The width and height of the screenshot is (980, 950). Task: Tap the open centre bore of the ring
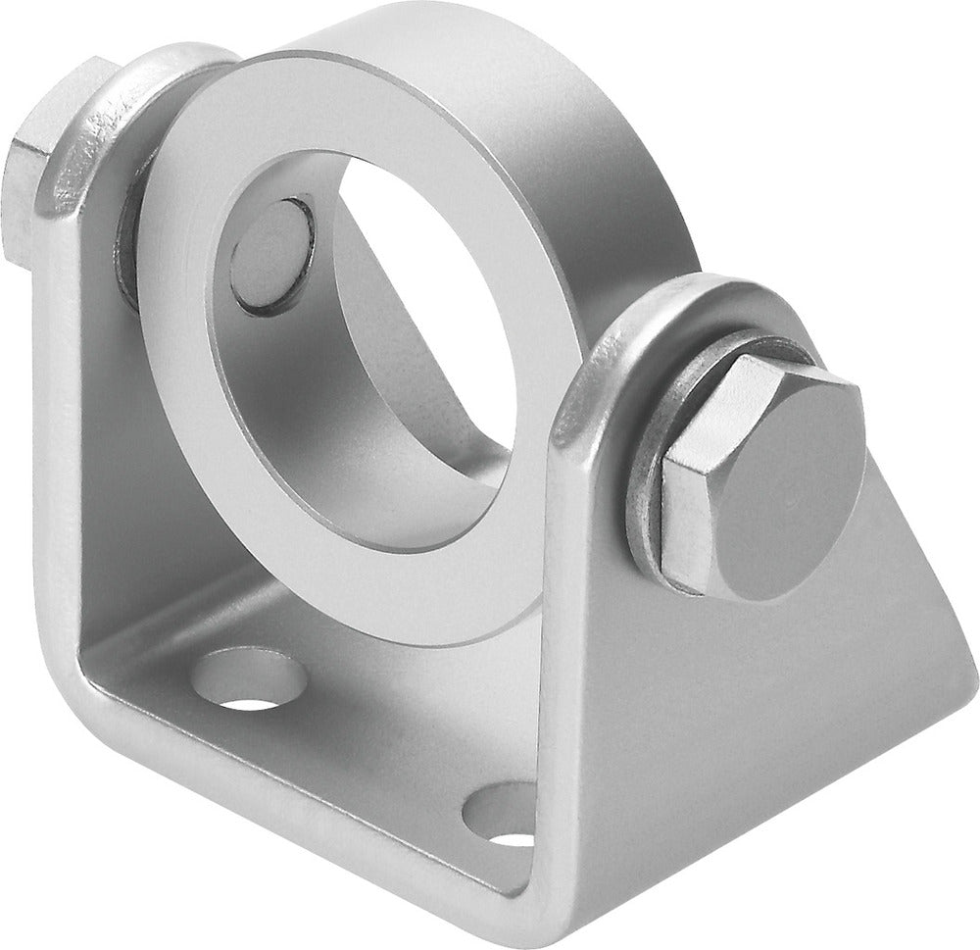[x=421, y=324]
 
